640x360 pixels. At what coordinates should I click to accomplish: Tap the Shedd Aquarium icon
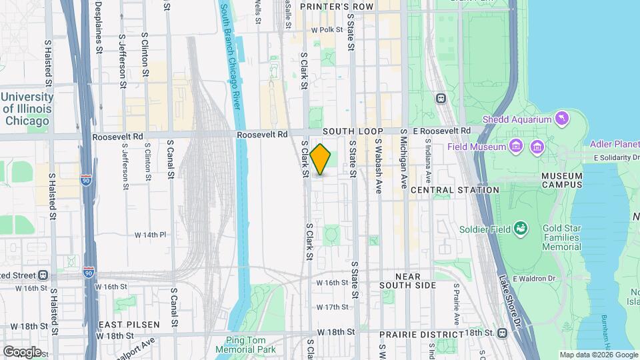click(563, 119)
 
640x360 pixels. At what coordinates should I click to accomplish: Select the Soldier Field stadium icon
click(521, 229)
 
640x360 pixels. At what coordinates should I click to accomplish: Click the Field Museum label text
click(478, 145)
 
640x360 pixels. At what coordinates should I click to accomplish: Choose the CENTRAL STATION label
click(455, 190)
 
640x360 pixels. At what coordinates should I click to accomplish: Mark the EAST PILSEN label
click(129, 325)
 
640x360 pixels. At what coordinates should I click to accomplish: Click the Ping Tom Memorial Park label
click(246, 344)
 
